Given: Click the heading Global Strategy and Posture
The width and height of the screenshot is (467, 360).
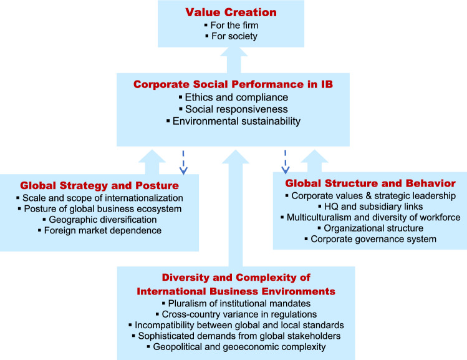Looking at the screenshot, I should tap(100, 186).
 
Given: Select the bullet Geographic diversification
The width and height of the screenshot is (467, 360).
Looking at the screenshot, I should tap(100, 220).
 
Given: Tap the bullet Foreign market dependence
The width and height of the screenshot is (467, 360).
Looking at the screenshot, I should tap(100, 231).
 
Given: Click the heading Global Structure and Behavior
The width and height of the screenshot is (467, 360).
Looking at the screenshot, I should tap(370, 183).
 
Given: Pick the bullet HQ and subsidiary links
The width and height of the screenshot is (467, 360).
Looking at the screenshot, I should tap(370, 207).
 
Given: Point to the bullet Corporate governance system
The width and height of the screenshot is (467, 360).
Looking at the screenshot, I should tap(370, 239).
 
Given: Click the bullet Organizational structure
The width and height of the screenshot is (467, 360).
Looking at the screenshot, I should tap(370, 228).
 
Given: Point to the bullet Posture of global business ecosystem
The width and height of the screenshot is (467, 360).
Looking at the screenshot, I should tap(100, 209).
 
